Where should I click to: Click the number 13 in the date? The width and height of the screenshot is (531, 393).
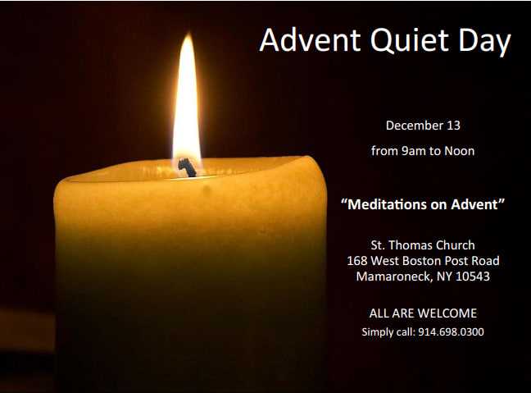(x=453, y=126)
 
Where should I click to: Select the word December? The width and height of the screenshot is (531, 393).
(x=414, y=126)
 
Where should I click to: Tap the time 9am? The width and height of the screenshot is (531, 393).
(x=414, y=151)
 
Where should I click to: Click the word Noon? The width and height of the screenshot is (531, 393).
(x=459, y=151)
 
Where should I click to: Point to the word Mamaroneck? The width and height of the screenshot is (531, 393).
(x=394, y=276)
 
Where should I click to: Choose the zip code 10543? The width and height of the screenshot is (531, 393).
(x=473, y=276)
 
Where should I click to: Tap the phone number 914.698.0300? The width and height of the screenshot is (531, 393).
(x=451, y=331)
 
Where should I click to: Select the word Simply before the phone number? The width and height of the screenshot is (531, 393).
(x=377, y=332)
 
